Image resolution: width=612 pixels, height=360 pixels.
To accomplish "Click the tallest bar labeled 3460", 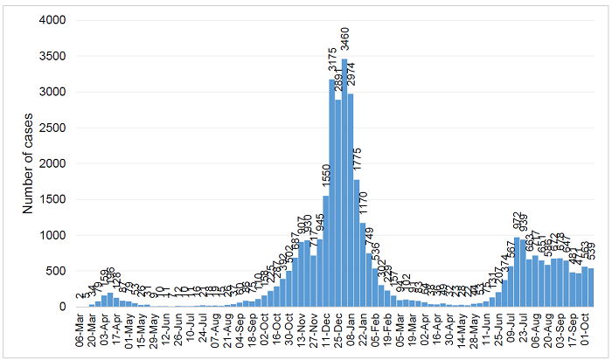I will click(344, 183).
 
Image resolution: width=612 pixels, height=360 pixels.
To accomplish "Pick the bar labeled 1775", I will click(357, 244).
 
